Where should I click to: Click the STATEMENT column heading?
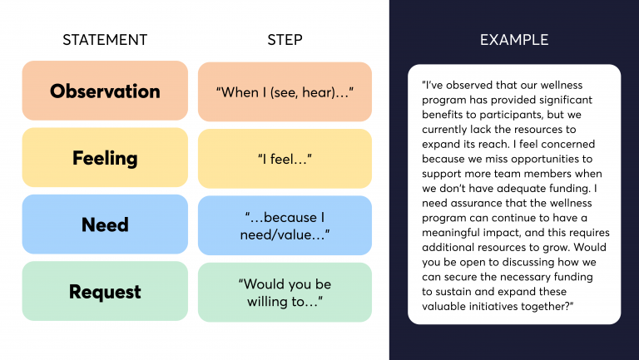(x=105, y=40)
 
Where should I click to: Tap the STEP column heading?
(x=285, y=40)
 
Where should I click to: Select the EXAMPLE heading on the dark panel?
(x=513, y=40)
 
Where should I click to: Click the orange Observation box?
(x=105, y=91)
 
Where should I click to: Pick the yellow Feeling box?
(x=105, y=158)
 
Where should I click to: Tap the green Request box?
(x=105, y=292)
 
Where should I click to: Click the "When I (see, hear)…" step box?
(x=285, y=91)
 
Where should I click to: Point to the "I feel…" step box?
(x=285, y=158)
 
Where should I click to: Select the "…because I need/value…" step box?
(x=285, y=225)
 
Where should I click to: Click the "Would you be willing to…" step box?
(x=285, y=292)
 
